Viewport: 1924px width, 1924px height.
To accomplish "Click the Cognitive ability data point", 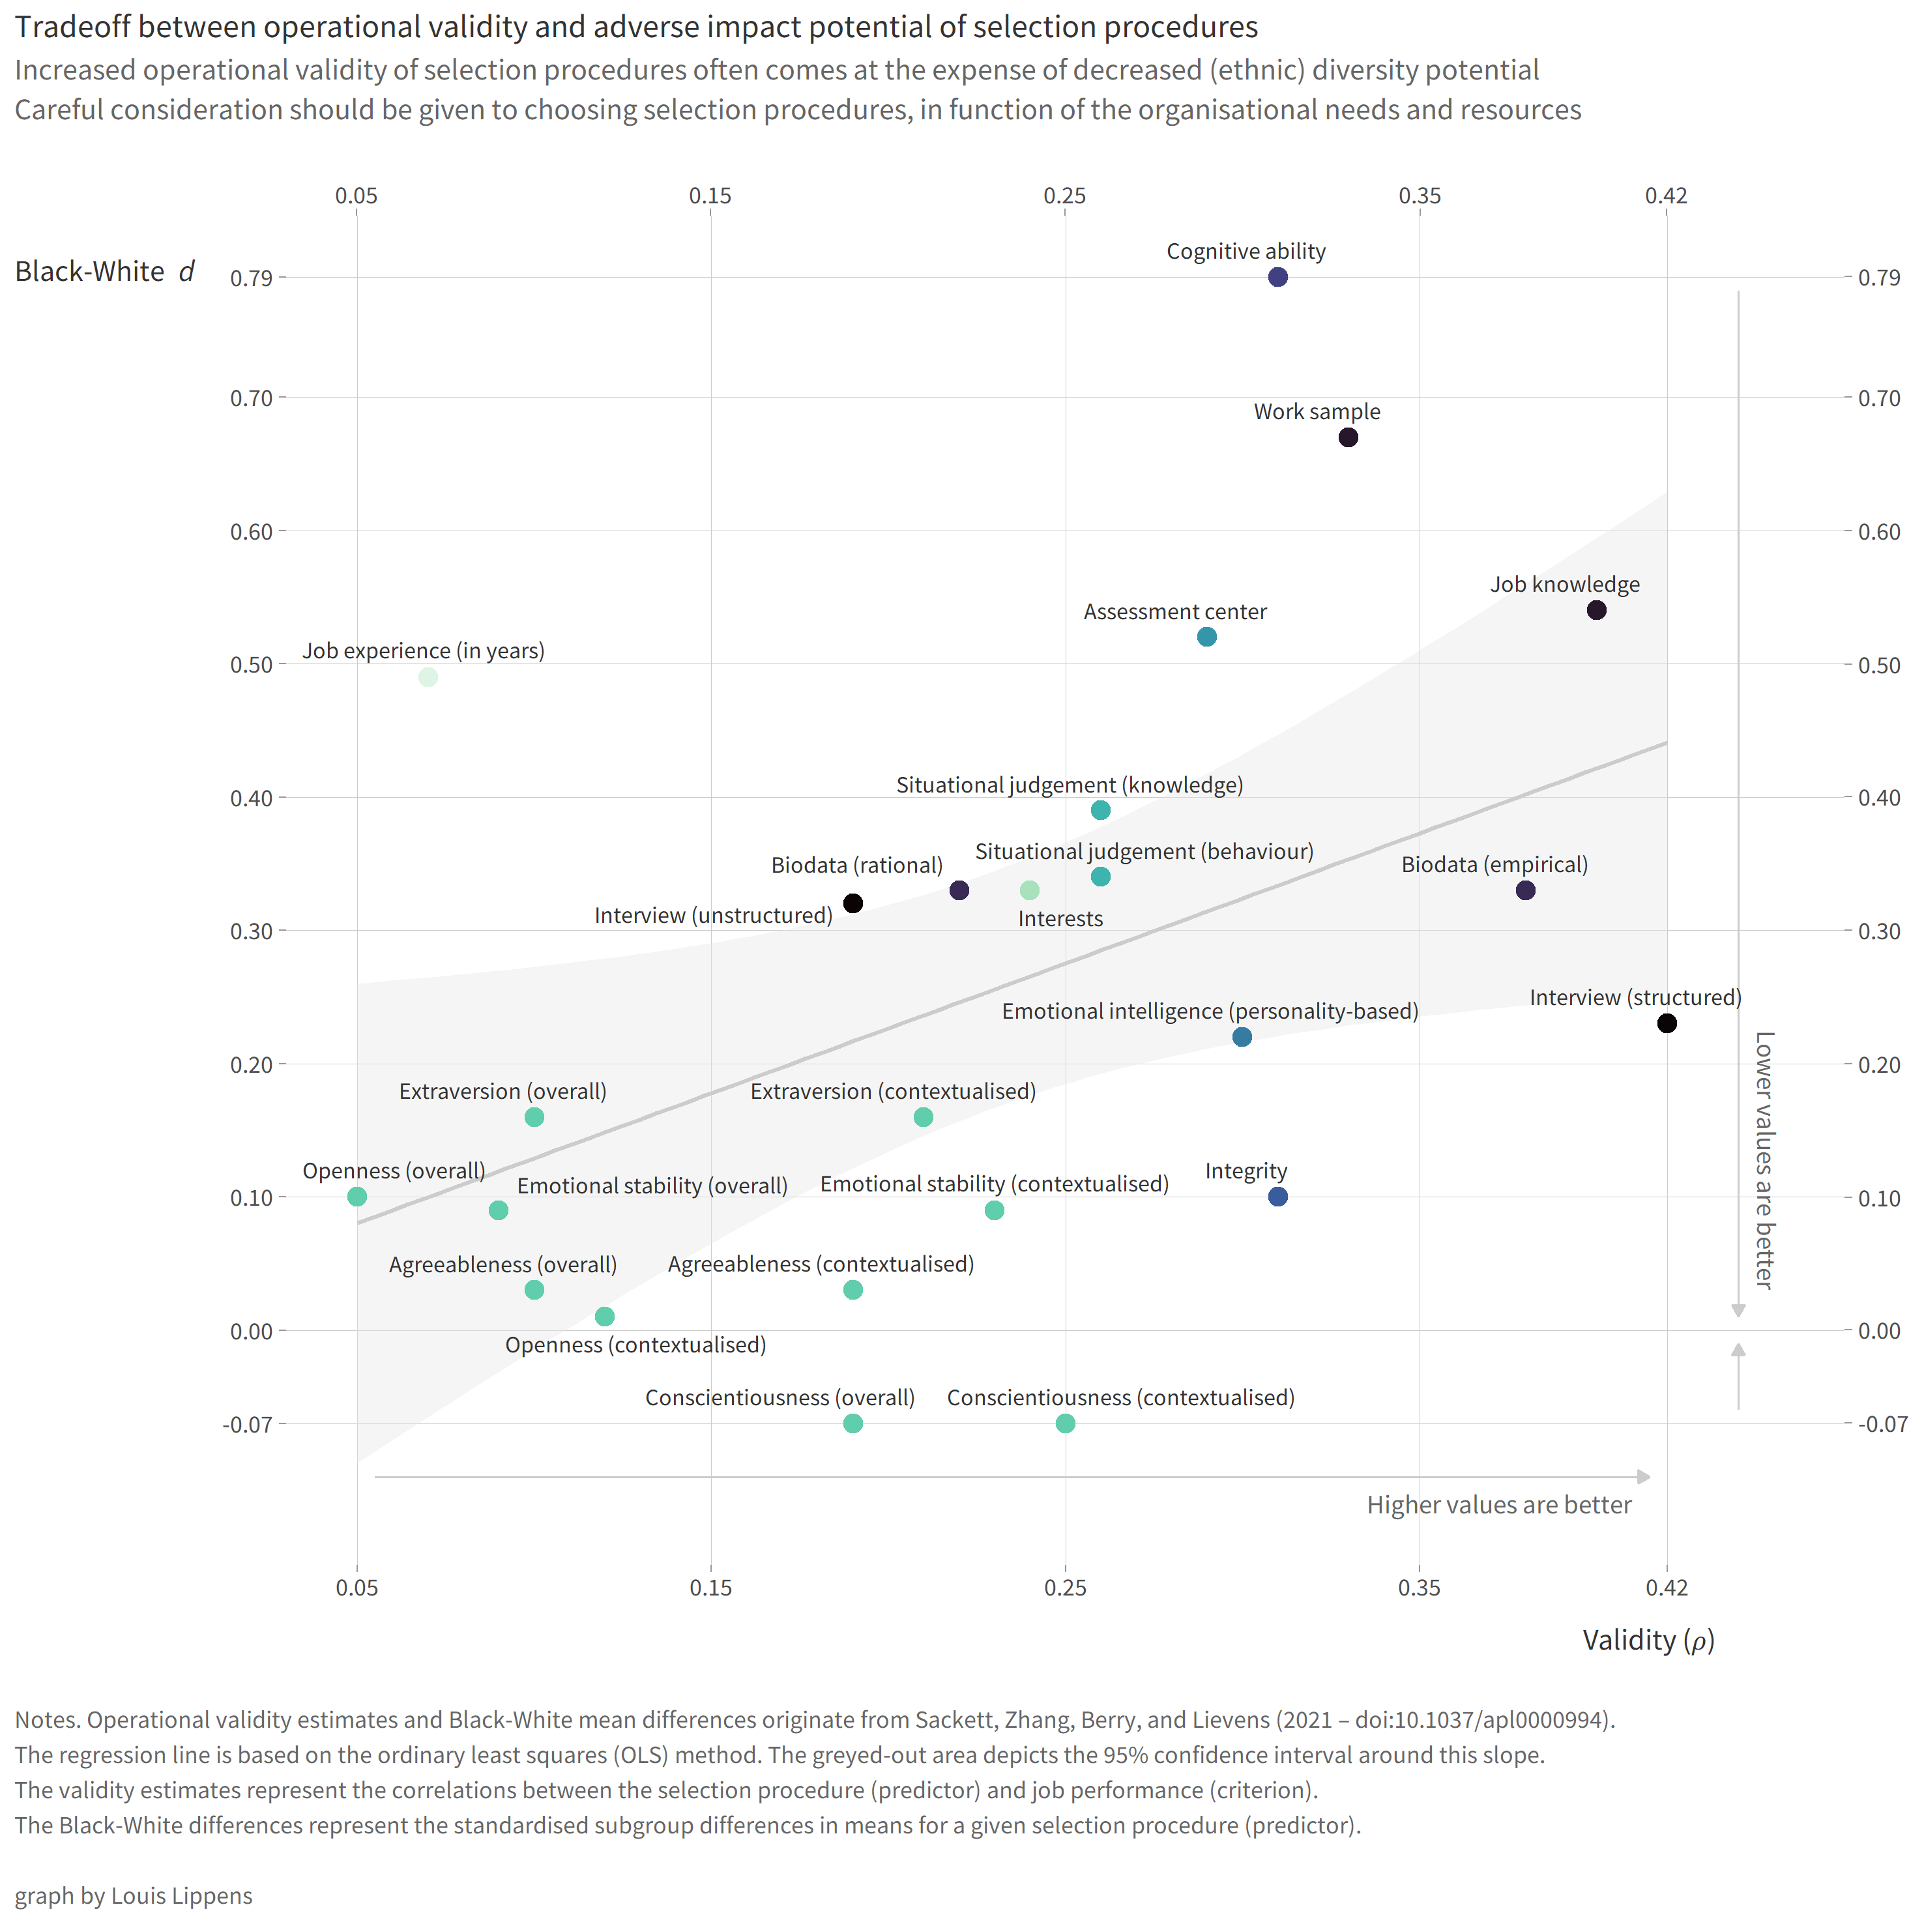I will pos(1277,277).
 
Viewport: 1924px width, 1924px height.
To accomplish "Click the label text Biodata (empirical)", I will pos(1494,864).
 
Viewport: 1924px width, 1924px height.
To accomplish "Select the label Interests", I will pos(1060,919).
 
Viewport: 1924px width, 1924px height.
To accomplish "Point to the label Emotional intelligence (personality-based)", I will pos(1209,1012).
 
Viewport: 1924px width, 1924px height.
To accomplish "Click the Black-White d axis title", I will pos(104,272).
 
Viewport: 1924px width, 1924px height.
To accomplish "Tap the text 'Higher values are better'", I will pos(1499,1506).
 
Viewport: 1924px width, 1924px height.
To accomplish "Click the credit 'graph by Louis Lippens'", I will pos(134,1896).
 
